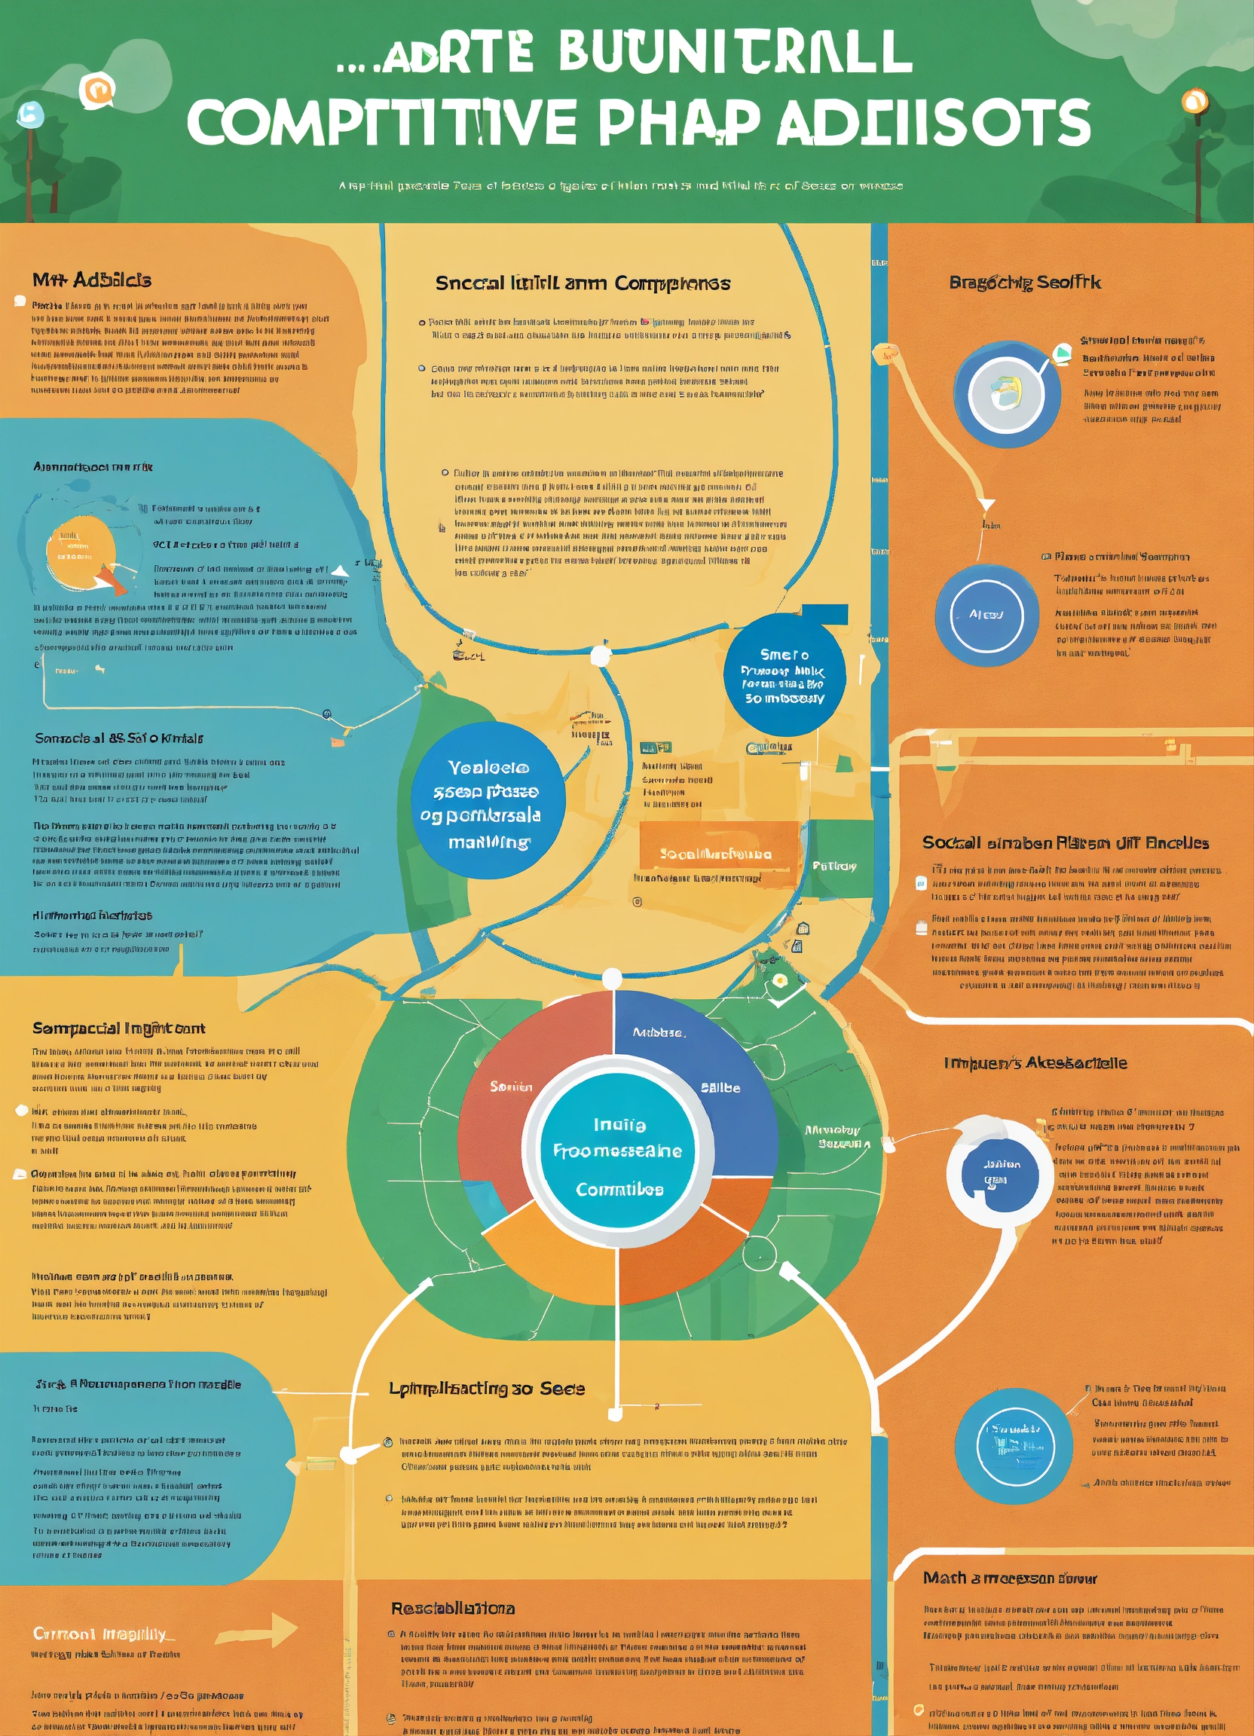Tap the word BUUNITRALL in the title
tap(735, 51)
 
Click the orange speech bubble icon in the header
tap(96, 91)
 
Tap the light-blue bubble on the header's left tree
tap(30, 114)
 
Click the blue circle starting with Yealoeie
tap(488, 800)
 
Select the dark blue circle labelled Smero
tap(784, 675)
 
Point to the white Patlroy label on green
tap(834, 866)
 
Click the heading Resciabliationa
tap(452, 1608)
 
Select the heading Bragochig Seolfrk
tap(1024, 283)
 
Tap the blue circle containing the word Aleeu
tap(986, 615)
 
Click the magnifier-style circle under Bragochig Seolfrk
tap(1007, 394)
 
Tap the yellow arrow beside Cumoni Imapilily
tap(257, 1630)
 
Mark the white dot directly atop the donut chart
tap(612, 978)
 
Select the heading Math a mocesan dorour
tap(1009, 1579)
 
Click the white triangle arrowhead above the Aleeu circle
tap(986, 504)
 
